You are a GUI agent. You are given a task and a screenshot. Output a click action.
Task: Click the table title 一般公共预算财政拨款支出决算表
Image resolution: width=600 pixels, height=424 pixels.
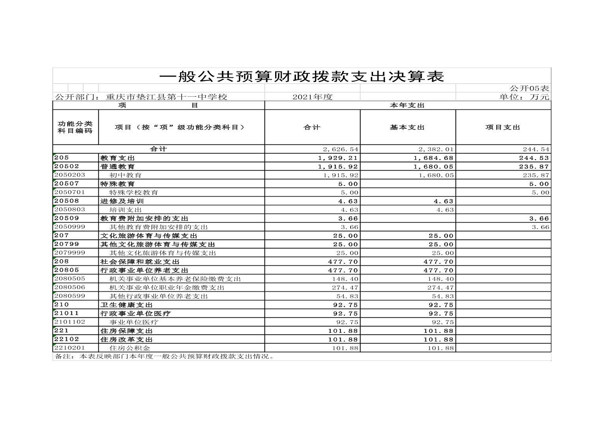pos(302,76)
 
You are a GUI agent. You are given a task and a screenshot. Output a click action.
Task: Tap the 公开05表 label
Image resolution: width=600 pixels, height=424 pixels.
pos(529,88)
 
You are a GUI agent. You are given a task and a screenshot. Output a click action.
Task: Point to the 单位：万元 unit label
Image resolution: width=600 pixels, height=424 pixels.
pos(524,97)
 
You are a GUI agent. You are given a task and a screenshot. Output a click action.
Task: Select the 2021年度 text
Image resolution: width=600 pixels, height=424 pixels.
pos(313,97)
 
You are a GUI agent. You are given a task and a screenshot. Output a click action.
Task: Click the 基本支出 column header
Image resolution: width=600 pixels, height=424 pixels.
pos(407,127)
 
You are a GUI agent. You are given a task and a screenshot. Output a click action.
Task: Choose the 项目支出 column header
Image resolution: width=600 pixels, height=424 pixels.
pos(503,127)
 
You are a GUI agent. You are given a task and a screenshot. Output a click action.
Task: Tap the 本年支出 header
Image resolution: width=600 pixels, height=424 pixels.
pos(407,105)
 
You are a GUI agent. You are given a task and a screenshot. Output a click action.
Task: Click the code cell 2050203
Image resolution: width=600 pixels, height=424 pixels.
pos(69,175)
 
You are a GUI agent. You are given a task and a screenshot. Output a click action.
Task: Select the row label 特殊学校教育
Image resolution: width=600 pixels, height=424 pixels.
pos(134,193)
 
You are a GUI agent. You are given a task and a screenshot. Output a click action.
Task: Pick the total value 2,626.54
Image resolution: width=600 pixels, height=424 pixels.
pos(340,150)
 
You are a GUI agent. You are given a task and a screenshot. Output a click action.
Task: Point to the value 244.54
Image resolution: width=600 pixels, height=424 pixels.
pos(536,150)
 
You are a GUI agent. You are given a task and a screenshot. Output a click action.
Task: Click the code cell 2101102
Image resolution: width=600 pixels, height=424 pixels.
pos(69,322)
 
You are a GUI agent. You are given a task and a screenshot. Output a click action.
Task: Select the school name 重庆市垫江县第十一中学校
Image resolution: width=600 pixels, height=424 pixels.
pos(166,97)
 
